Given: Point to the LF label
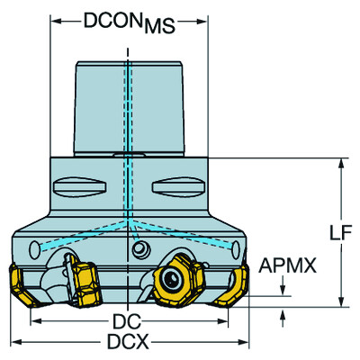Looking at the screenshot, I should [x=340, y=234].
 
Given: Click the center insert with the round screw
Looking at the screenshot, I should [x=174, y=280].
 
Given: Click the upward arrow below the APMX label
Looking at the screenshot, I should [x=286, y=313].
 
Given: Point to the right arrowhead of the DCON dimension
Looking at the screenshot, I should [x=203, y=19].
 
